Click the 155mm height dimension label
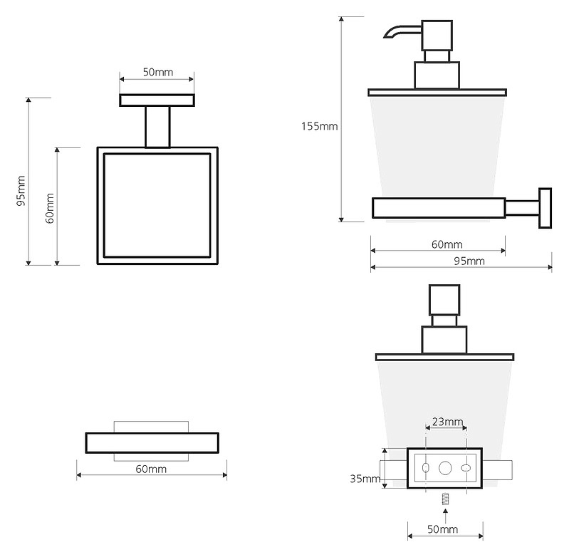click(x=319, y=126)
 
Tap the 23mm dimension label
click(x=447, y=421)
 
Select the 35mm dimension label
click(x=365, y=479)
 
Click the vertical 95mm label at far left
click(x=21, y=191)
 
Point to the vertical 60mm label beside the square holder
click(x=50, y=208)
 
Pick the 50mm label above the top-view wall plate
click(x=158, y=72)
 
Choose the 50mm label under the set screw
click(x=442, y=529)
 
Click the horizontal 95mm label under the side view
click(x=469, y=261)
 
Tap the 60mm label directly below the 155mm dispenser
click(x=447, y=244)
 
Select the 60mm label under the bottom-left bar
click(x=151, y=469)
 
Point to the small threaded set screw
click(x=445, y=499)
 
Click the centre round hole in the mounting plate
click(x=445, y=468)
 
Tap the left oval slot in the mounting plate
click(x=426, y=468)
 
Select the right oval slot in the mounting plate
click(x=466, y=468)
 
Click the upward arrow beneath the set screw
click(x=445, y=516)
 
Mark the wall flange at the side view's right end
click(x=545, y=208)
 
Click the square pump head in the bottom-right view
click(x=444, y=300)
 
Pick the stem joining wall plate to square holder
click(x=157, y=127)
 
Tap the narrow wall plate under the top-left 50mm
click(x=157, y=100)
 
